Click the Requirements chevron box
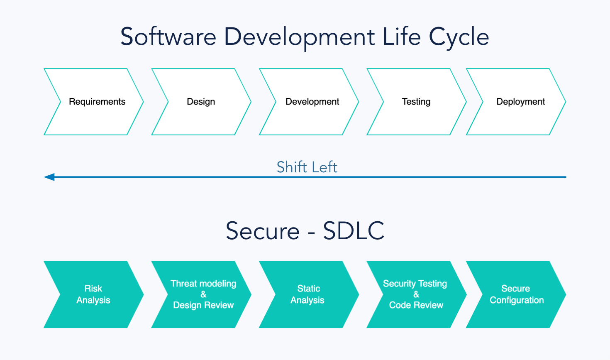[97, 102]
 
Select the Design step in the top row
[201, 102]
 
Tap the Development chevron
[312, 102]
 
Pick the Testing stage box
[416, 102]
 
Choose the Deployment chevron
[520, 102]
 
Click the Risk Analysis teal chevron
[93, 294]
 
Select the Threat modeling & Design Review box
[203, 294]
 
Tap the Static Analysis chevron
[308, 294]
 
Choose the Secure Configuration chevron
[517, 294]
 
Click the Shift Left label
[307, 167]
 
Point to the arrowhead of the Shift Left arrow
[49, 177]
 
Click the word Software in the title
[168, 37]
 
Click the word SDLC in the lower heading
[354, 231]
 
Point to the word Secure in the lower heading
[263, 231]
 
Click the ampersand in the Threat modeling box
[203, 294]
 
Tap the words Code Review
[416, 305]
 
